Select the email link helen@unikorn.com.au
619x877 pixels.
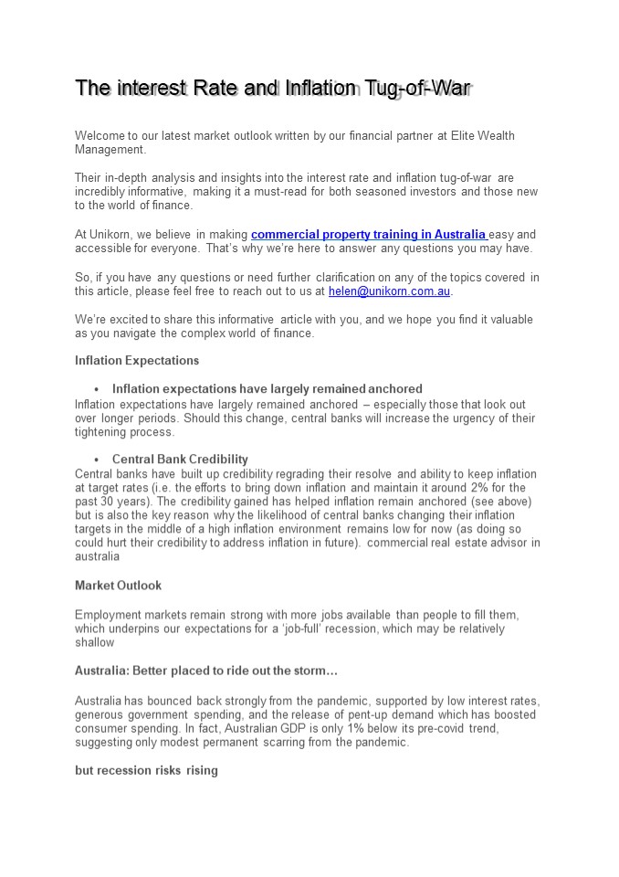(390, 291)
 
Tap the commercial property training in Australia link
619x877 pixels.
(369, 235)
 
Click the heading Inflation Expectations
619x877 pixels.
(137, 361)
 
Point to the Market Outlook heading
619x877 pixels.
(118, 585)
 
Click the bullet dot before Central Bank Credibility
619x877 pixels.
(96, 460)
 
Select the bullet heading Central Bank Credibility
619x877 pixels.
(180, 460)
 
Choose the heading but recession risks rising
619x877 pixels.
(146, 770)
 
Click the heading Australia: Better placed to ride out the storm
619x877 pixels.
(206, 671)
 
